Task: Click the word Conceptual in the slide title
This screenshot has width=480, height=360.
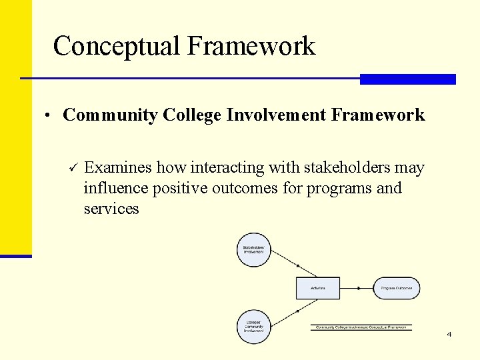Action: pos(117,46)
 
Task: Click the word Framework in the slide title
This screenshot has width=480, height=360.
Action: pos(251,46)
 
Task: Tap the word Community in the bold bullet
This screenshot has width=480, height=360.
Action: pos(111,115)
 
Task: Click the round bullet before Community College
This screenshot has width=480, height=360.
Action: pos(49,116)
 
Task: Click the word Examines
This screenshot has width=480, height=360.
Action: pos(118,167)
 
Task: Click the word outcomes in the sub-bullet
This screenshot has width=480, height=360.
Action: pos(245,188)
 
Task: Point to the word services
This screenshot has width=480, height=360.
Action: pos(111,209)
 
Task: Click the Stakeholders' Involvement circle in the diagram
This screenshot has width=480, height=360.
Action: pos(253,250)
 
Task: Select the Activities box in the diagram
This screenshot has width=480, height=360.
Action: pos(318,288)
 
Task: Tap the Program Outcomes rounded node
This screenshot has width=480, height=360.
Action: pos(396,288)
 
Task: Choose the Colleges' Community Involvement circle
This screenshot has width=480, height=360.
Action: pos(253,327)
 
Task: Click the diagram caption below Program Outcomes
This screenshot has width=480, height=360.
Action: pos(361,327)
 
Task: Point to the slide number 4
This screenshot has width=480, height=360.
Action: pos(449,334)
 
